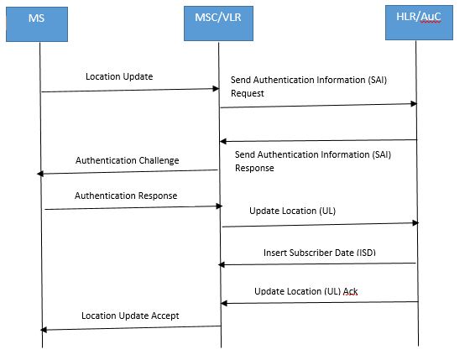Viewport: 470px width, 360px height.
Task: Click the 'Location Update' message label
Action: [x=119, y=76]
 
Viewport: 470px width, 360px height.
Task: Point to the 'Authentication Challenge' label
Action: [x=127, y=160]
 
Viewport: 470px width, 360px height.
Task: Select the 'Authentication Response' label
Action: [x=126, y=195]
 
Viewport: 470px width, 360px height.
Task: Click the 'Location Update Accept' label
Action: [x=129, y=316]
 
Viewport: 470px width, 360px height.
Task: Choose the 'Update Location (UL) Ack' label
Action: [x=310, y=291]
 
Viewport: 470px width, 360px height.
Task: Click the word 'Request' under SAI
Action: [x=248, y=94]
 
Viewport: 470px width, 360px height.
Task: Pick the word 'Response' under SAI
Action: [x=254, y=167]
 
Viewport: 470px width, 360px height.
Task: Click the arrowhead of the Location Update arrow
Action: [x=216, y=88]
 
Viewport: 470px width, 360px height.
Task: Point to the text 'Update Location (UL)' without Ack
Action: [x=292, y=211]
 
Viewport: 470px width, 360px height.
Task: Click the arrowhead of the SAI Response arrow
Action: [x=223, y=141]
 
